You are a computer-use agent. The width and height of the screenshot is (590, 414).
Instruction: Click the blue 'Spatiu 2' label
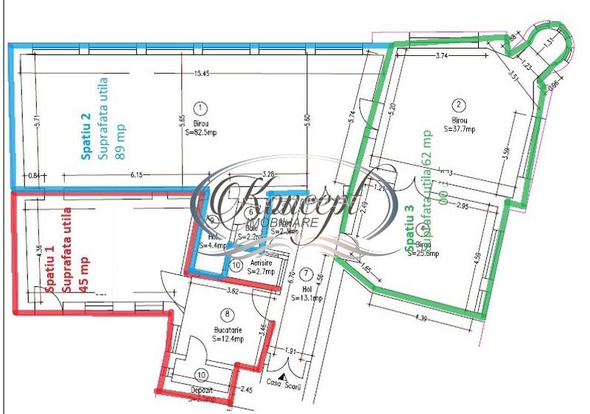pos(85,137)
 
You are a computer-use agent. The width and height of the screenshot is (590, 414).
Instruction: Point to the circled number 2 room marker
pos(459,105)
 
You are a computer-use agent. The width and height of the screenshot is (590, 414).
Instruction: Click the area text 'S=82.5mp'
pos(201,132)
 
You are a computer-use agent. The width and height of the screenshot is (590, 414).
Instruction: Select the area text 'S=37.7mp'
pos(460,128)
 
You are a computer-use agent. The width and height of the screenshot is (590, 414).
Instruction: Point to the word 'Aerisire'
pos(261,263)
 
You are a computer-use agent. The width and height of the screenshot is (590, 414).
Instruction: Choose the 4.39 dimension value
pos(422,318)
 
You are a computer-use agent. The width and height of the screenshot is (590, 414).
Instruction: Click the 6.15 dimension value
pos(138,174)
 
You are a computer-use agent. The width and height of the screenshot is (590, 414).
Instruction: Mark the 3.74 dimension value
pos(442,56)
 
